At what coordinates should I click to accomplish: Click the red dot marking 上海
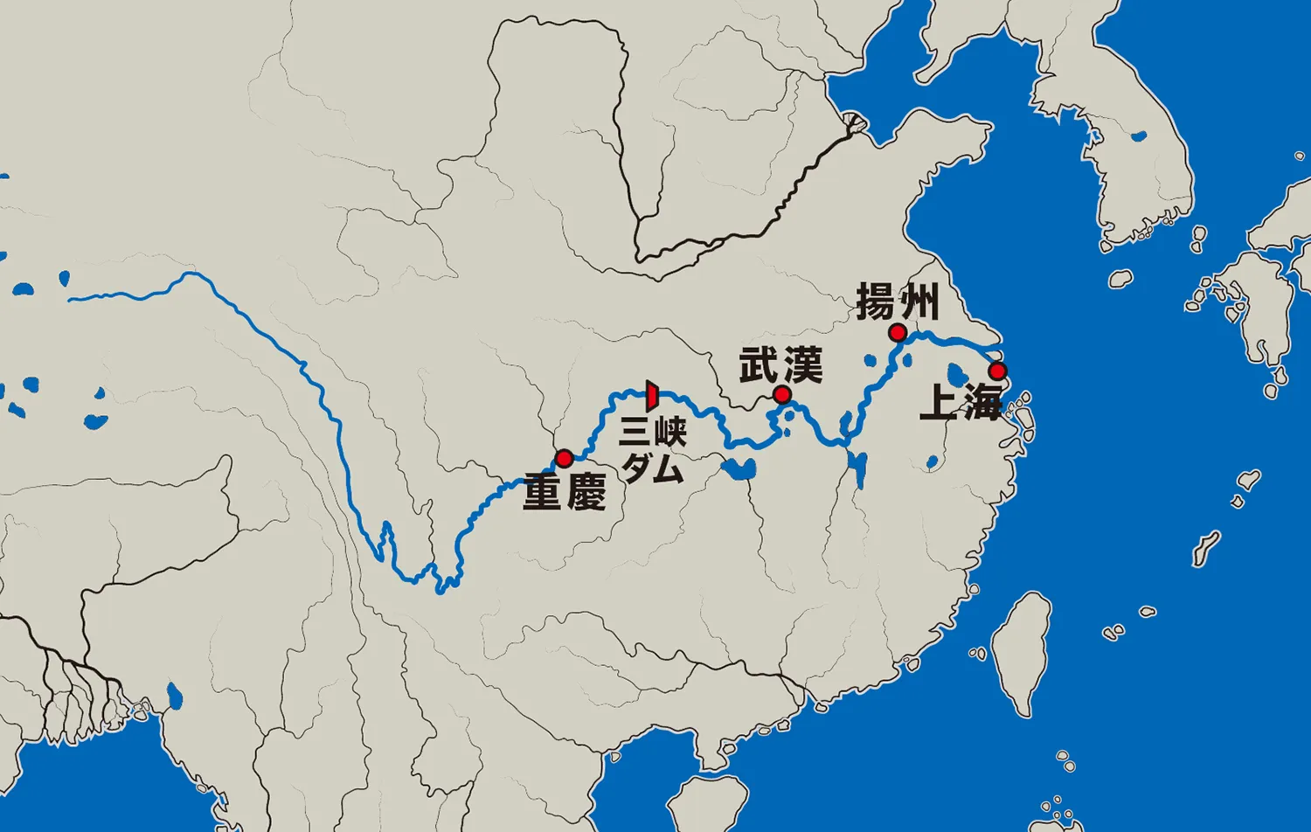pyautogui.click(x=997, y=371)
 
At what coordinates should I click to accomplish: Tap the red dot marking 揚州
pyautogui.click(x=897, y=332)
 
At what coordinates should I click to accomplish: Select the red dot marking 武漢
pyautogui.click(x=782, y=395)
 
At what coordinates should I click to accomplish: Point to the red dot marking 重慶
pyautogui.click(x=564, y=458)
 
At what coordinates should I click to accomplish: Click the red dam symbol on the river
pyautogui.click(x=651, y=396)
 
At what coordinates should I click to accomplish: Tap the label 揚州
pyautogui.click(x=898, y=302)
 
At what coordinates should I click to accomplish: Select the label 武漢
pyautogui.click(x=780, y=365)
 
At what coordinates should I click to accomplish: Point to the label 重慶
pyautogui.click(x=565, y=492)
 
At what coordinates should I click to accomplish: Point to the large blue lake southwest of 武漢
pyautogui.click(x=739, y=469)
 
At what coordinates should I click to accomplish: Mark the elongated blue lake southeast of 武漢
pyautogui.click(x=857, y=468)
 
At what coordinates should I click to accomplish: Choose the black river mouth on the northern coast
pyautogui.click(x=852, y=123)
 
